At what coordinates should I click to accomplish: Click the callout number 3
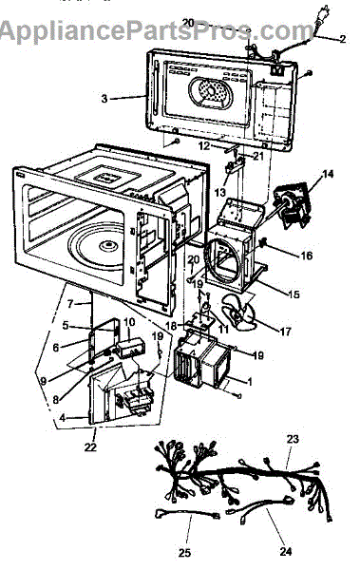104,99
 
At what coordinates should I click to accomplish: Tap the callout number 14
328,174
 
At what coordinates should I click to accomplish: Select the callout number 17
286,332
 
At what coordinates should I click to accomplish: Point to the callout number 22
90,446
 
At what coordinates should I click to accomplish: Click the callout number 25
184,553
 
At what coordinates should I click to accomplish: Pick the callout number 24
286,551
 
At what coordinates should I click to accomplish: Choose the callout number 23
293,439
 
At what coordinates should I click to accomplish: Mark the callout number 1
249,382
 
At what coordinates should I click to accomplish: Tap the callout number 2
342,39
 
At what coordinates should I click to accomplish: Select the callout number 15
294,294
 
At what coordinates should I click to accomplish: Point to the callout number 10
129,322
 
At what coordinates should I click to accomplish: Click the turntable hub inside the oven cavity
109,245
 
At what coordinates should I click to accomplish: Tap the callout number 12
205,146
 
